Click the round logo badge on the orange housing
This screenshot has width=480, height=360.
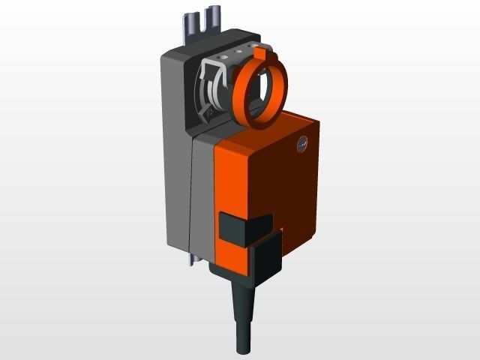click(301, 142)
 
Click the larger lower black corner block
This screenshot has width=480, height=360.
click(264, 259)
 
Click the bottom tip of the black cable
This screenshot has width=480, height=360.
click(244, 349)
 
